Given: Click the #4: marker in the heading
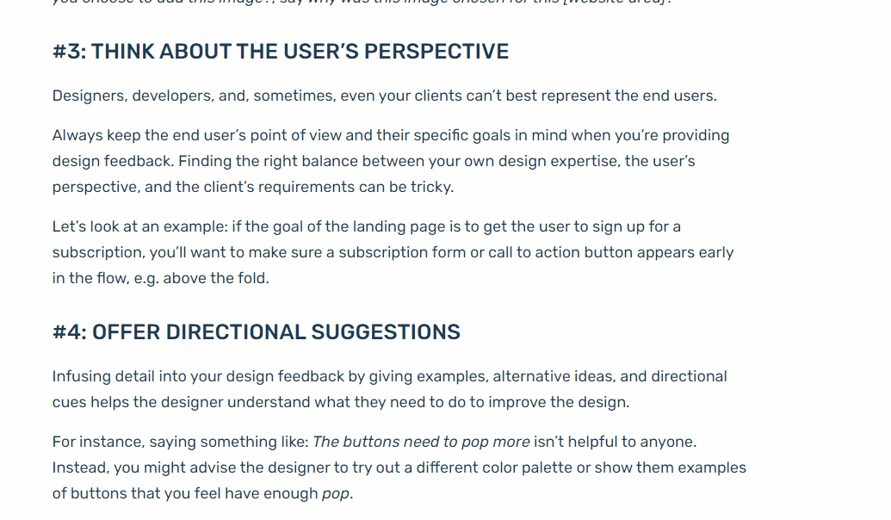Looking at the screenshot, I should pos(69,332).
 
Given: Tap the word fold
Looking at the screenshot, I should pos(253,278).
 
